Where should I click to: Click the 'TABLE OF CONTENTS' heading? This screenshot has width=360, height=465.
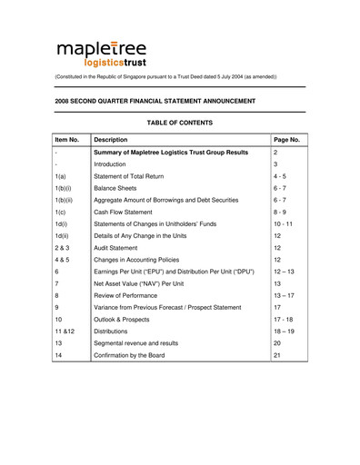(x=179, y=123)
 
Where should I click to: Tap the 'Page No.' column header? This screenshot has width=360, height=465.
(x=286, y=140)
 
